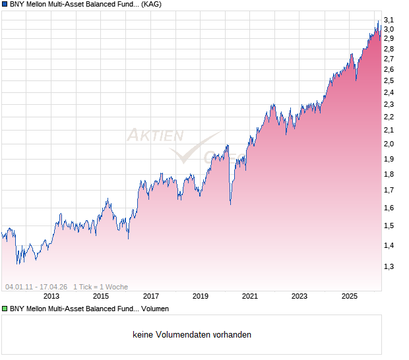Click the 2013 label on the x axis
(51, 297)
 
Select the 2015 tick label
(101, 297)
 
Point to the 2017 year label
(151, 297)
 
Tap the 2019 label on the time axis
(201, 297)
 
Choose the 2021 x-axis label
(250, 297)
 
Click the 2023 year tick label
(299, 297)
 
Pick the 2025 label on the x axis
(350, 297)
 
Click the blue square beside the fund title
(5, 4)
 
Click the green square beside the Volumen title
(5, 309)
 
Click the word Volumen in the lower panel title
(155, 309)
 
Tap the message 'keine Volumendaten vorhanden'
(192, 335)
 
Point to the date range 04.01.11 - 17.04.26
(36, 287)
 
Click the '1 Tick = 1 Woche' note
(100, 287)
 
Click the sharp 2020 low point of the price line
(230, 204)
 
